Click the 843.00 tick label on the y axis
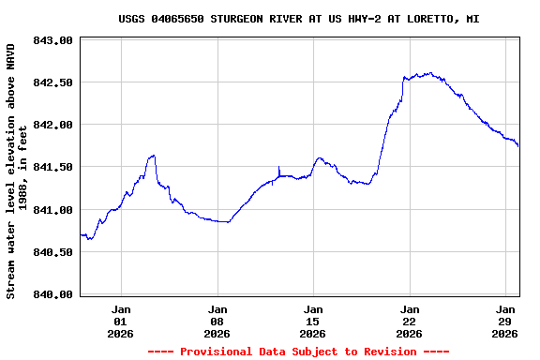[52, 40]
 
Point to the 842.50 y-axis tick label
[52, 82]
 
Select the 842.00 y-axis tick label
[52, 125]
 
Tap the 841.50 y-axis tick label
[52, 167]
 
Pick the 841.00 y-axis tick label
[52, 210]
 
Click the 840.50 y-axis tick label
[52, 252]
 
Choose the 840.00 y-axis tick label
[52, 294]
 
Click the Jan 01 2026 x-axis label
[121, 321]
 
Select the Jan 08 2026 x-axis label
[217, 321]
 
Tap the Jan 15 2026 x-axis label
[313, 321]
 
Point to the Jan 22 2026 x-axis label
[410, 321]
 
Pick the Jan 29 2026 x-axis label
[505, 321]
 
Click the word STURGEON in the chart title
[240, 19]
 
